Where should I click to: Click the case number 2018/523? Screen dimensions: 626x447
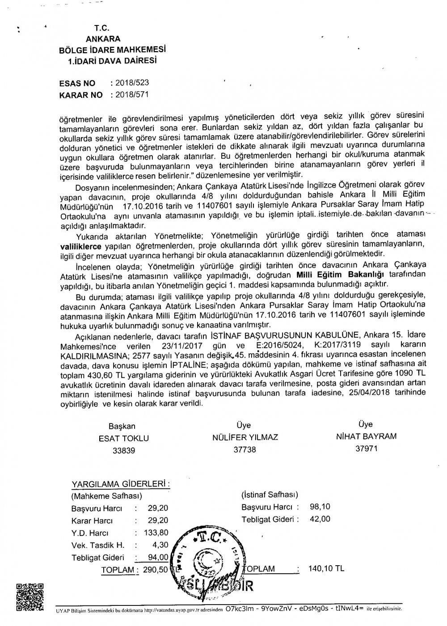pos(132,83)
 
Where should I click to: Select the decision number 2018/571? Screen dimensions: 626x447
pos(132,95)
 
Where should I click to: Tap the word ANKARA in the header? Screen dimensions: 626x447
pos(106,39)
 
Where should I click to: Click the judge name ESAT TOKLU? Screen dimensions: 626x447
pos(124,438)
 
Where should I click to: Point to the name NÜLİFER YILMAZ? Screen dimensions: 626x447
pos(245,437)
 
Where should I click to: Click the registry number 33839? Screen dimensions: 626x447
pos(124,450)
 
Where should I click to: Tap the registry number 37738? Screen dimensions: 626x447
pos(245,450)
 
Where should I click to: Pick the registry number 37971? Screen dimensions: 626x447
pos(366,448)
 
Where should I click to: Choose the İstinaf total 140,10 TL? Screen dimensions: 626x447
pos(326,569)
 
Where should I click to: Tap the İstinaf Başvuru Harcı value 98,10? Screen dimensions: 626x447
pos(320,507)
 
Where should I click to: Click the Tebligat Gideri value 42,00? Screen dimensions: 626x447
pos(320,519)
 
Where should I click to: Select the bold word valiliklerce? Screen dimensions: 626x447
pos(81,246)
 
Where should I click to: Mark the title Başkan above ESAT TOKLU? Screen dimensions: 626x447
pos(122,426)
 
